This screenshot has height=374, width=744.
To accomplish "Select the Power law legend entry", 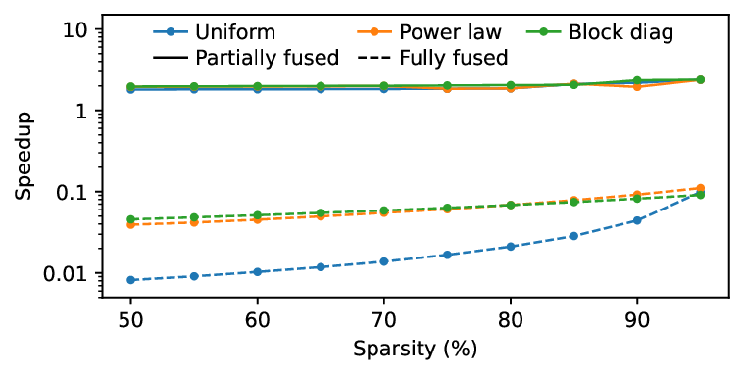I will point(428,33).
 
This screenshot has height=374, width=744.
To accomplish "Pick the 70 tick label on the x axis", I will point(384,319).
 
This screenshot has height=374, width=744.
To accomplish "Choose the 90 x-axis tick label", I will point(636,319).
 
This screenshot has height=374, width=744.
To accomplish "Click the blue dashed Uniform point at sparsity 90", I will point(637,220).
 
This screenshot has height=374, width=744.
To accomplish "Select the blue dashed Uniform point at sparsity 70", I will point(384,261).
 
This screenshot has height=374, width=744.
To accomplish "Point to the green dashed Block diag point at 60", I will point(258,215).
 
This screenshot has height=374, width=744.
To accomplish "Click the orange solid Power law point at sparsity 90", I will point(637,87).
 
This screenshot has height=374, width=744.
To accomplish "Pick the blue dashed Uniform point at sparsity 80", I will point(511,247).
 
